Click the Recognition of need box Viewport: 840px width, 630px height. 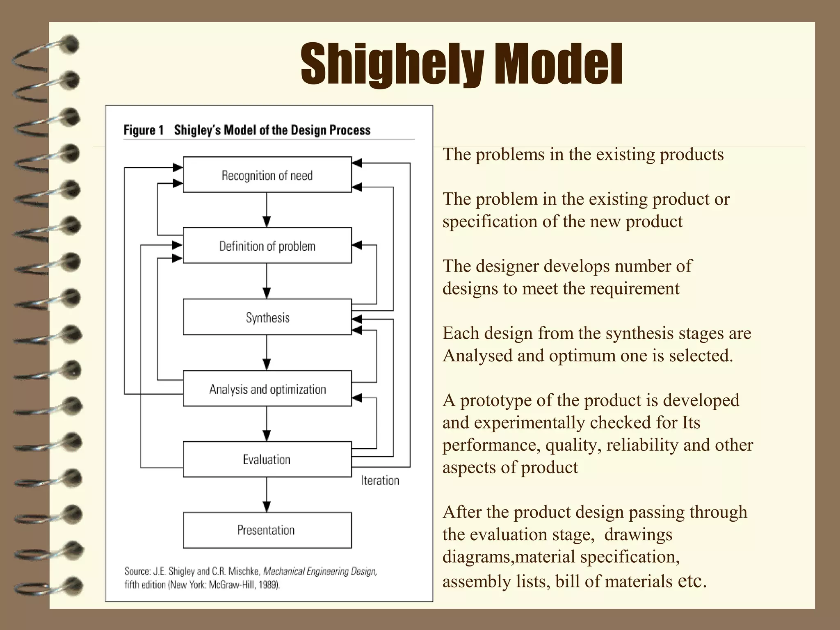coord(267,175)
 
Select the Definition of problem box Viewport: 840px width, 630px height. coord(267,245)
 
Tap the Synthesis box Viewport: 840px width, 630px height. coord(267,317)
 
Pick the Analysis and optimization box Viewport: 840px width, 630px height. coord(267,388)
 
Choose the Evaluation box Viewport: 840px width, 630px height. coord(267,459)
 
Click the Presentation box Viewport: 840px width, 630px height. coord(267,530)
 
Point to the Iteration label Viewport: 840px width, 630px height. coord(380,480)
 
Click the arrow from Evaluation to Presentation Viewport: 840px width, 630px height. coord(267,495)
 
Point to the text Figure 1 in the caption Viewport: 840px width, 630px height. coord(144,130)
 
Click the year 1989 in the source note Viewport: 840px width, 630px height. coord(269,585)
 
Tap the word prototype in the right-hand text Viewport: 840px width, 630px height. coord(496,400)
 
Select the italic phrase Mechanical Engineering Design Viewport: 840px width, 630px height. coord(320,571)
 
